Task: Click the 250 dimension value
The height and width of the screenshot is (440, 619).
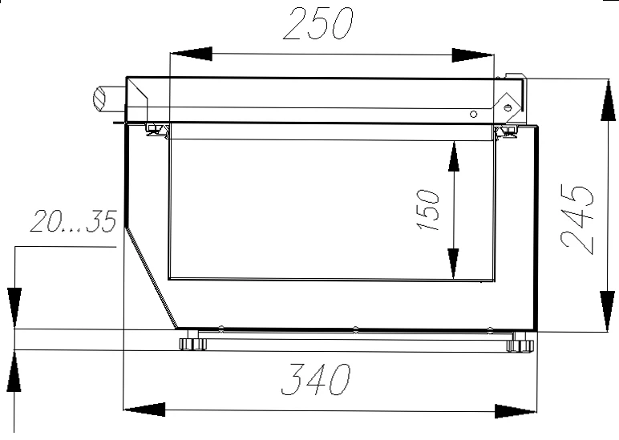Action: tap(318, 24)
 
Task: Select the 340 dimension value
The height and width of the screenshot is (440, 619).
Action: tap(315, 380)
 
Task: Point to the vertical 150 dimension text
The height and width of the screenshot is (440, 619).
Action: tap(427, 209)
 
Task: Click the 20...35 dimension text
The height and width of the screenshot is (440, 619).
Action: tap(74, 221)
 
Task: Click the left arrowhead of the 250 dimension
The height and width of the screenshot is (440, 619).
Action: tap(191, 54)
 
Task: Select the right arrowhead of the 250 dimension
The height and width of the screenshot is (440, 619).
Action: tap(472, 55)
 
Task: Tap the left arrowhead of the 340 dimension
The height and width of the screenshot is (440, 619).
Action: tap(144, 410)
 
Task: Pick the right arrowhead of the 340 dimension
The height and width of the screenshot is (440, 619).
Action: tap(516, 411)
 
